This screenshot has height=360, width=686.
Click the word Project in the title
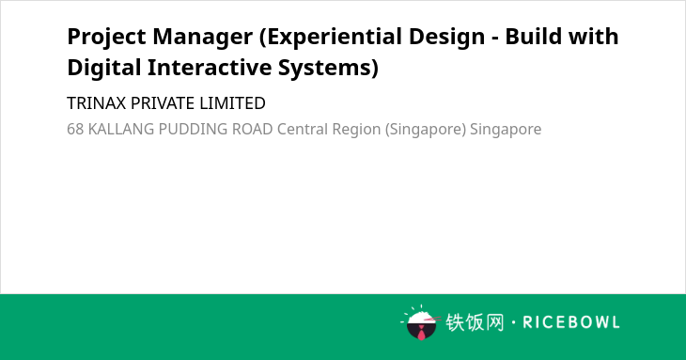point(106,38)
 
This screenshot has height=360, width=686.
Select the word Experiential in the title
point(330,38)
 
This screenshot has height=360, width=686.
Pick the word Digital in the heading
point(104,69)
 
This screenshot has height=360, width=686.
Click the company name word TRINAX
point(96,103)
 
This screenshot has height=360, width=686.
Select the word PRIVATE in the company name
point(163,103)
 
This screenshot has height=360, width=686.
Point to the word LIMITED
point(232,103)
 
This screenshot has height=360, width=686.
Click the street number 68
point(75,130)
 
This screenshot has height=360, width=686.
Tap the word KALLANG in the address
point(120,130)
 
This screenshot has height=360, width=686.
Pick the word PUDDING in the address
point(193,130)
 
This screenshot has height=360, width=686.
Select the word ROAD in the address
point(252,130)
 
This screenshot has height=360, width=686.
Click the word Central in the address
point(303,130)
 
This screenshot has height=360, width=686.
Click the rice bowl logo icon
point(420,322)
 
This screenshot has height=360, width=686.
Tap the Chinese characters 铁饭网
point(475,322)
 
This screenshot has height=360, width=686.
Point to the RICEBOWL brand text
point(571,322)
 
